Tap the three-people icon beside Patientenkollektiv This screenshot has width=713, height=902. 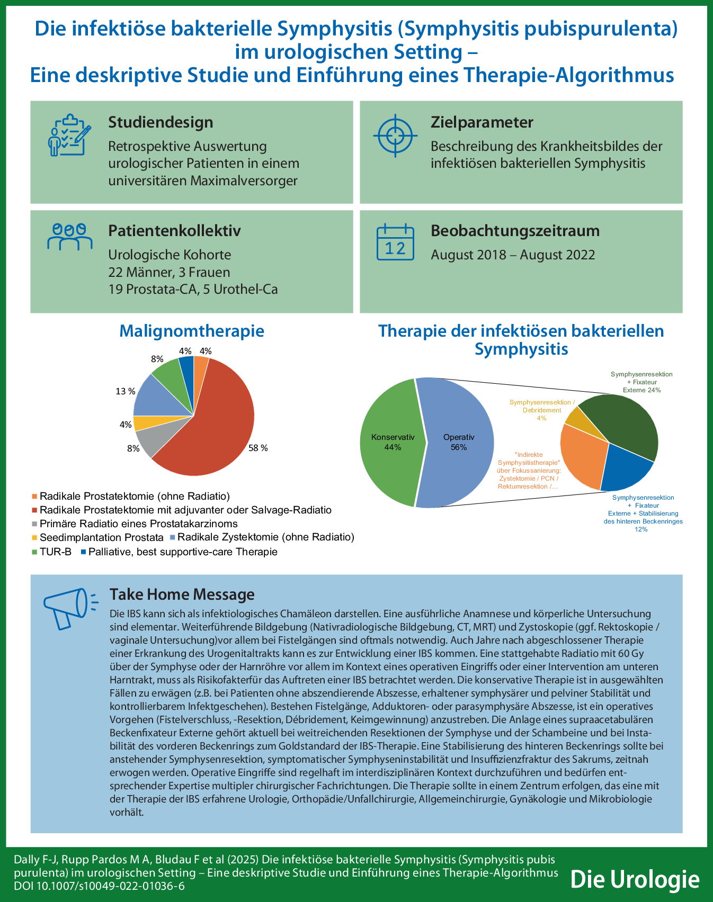69,236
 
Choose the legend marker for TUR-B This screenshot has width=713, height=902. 35,552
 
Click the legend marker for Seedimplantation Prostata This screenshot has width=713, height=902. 35,538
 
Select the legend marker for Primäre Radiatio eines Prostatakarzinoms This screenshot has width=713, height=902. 35,524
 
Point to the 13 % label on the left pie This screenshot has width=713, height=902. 126,391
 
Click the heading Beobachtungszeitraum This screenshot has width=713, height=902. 515,231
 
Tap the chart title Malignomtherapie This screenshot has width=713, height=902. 192,331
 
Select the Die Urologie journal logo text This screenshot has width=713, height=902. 635,879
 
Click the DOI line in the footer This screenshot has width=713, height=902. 99,886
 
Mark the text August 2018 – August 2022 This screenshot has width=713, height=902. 513,255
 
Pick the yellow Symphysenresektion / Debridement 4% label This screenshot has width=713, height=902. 541,410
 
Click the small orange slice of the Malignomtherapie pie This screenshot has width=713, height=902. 200,364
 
